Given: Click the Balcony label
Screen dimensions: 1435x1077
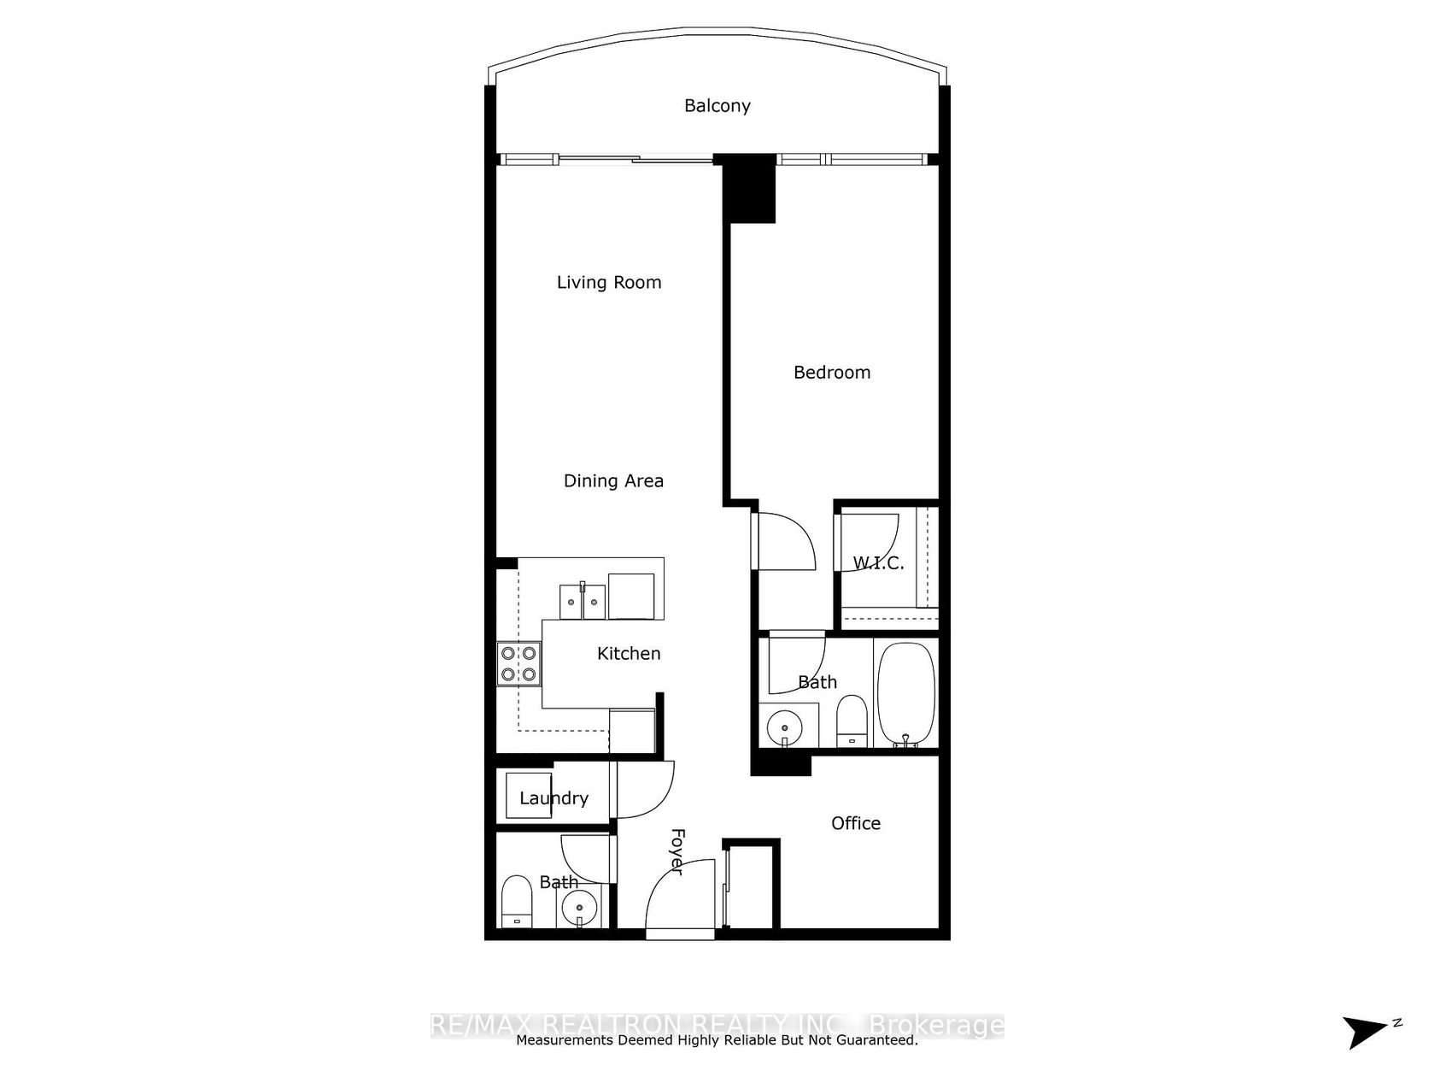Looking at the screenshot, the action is coord(717,106).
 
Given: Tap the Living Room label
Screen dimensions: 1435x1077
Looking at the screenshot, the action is coord(609,282).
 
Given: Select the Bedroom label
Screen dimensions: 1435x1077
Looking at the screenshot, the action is coord(832,373).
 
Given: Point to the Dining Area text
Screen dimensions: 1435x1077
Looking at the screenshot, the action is coord(613,481).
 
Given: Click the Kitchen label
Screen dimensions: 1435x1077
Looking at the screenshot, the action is coord(629,654).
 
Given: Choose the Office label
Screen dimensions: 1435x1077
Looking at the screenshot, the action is coord(856,823).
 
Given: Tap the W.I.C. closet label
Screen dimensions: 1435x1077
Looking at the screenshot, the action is coord(878,563).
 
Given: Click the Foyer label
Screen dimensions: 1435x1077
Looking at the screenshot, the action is coord(677,852).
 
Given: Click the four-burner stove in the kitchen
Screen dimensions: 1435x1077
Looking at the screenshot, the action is coord(519,664).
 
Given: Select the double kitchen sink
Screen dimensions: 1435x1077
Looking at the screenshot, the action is coord(583,602).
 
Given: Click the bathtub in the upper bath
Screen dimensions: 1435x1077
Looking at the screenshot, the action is coord(906,694).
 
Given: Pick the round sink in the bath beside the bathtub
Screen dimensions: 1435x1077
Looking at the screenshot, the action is coord(784,727).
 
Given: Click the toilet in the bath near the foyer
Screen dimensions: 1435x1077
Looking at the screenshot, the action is coord(517,901).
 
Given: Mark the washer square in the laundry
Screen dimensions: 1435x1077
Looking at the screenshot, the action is coord(529,795).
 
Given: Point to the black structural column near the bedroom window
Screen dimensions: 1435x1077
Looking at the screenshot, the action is coord(748,190).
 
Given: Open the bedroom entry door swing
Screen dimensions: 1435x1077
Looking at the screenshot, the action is coord(784,541).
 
